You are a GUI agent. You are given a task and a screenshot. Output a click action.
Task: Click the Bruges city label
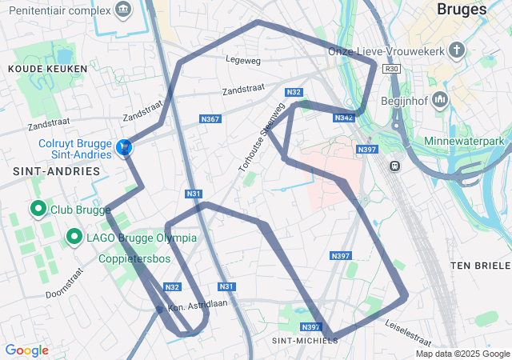(462, 10)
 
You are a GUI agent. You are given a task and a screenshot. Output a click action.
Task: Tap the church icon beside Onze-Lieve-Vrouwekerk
(457, 51)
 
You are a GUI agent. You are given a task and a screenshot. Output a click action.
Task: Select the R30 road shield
(391, 70)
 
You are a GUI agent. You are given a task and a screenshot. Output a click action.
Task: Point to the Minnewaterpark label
(468, 141)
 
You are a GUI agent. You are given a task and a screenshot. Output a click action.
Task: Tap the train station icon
(394, 166)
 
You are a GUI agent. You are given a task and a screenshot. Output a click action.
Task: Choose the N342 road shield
(344, 118)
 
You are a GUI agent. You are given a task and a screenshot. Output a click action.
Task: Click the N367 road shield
(210, 119)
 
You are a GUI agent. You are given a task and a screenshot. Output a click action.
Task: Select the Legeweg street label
(243, 59)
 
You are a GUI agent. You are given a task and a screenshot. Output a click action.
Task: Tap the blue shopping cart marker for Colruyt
(124, 147)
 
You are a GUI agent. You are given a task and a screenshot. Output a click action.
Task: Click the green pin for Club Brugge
(38, 210)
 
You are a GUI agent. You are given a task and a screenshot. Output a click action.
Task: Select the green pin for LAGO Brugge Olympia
(74, 237)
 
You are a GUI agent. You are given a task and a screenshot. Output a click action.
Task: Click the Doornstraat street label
(65, 282)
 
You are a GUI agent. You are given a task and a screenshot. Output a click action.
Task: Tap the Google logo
(26, 350)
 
